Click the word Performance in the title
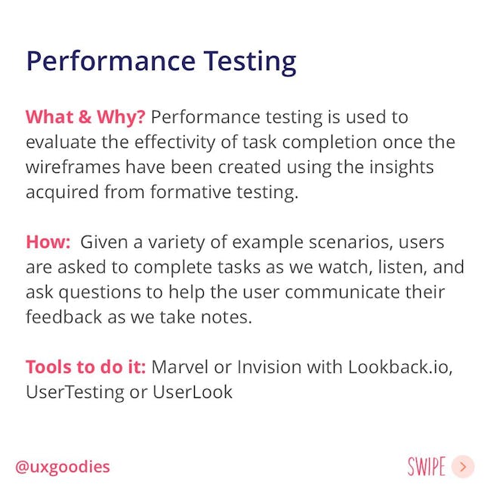111,60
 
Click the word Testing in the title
250,62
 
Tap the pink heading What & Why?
85,117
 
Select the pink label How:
48,242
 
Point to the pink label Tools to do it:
86,366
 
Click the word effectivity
174,142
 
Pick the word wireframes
73,167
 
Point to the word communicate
342,292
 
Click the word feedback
64,317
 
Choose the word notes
227,317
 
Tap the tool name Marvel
180,366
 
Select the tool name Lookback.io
400,367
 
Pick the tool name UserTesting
75,392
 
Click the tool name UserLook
193,392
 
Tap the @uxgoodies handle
63,467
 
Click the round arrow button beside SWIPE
463,467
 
